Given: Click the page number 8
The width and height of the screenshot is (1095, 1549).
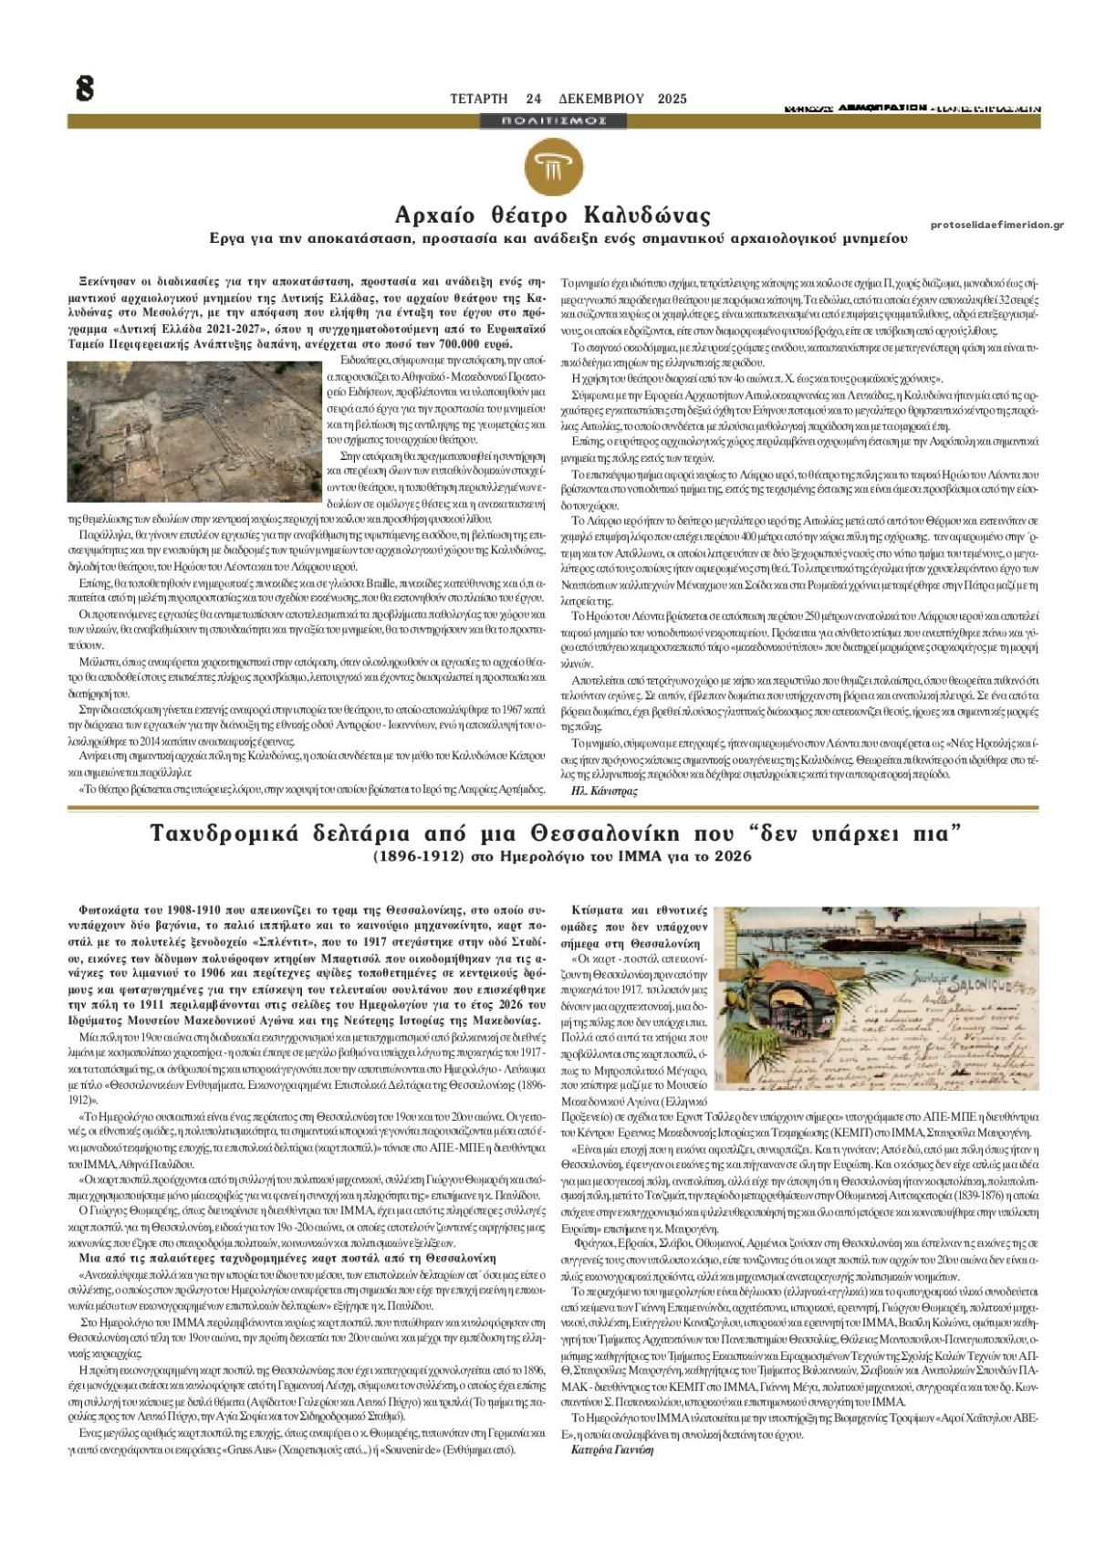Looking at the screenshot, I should pos(84,89).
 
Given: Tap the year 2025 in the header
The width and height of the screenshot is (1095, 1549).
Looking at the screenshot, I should pos(672,99).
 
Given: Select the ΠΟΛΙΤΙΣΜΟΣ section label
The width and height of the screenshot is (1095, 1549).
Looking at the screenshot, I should pos(555,120).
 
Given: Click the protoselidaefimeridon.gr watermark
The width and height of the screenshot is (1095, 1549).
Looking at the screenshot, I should pos(997,225).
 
